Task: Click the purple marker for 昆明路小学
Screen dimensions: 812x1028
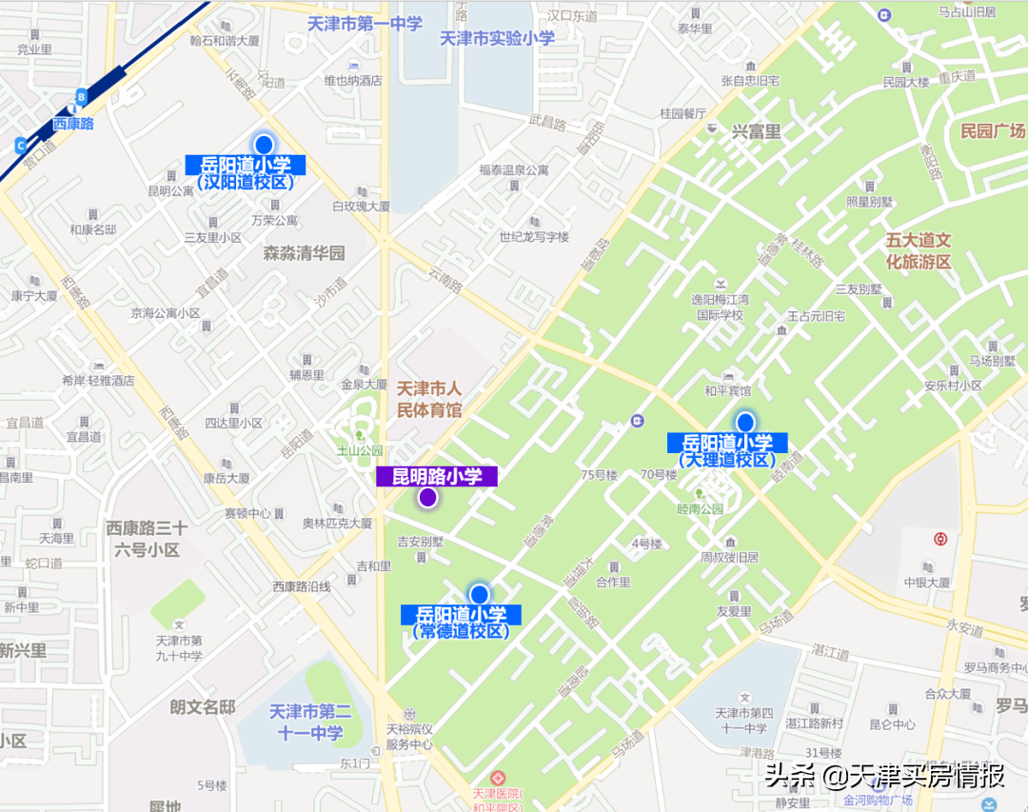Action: tap(428, 497)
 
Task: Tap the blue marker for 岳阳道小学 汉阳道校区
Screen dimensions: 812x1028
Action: tap(264, 145)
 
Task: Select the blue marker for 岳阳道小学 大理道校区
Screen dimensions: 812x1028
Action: tap(745, 422)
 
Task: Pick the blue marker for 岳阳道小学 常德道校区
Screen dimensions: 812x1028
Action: tap(479, 595)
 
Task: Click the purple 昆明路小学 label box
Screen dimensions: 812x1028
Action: tap(437, 476)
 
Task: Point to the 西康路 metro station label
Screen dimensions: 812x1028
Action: tap(73, 123)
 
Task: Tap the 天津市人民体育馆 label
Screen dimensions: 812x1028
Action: tap(428, 399)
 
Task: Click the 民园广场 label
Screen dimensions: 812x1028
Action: tap(993, 130)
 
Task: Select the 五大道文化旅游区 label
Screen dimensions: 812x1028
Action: tap(919, 250)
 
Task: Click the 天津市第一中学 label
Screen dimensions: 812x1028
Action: tap(366, 23)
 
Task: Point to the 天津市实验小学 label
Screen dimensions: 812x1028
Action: tap(497, 39)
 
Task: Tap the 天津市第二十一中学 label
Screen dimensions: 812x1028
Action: tap(310, 722)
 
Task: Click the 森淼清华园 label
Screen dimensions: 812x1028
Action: tap(304, 253)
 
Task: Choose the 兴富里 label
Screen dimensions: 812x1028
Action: tap(756, 132)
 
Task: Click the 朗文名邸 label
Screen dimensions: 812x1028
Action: tap(203, 706)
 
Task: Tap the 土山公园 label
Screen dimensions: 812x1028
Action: tap(363, 450)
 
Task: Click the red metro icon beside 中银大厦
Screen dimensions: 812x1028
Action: tap(940, 539)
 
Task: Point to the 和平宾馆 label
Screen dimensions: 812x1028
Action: tap(727, 390)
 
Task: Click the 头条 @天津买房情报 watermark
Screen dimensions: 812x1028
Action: tap(884, 776)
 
